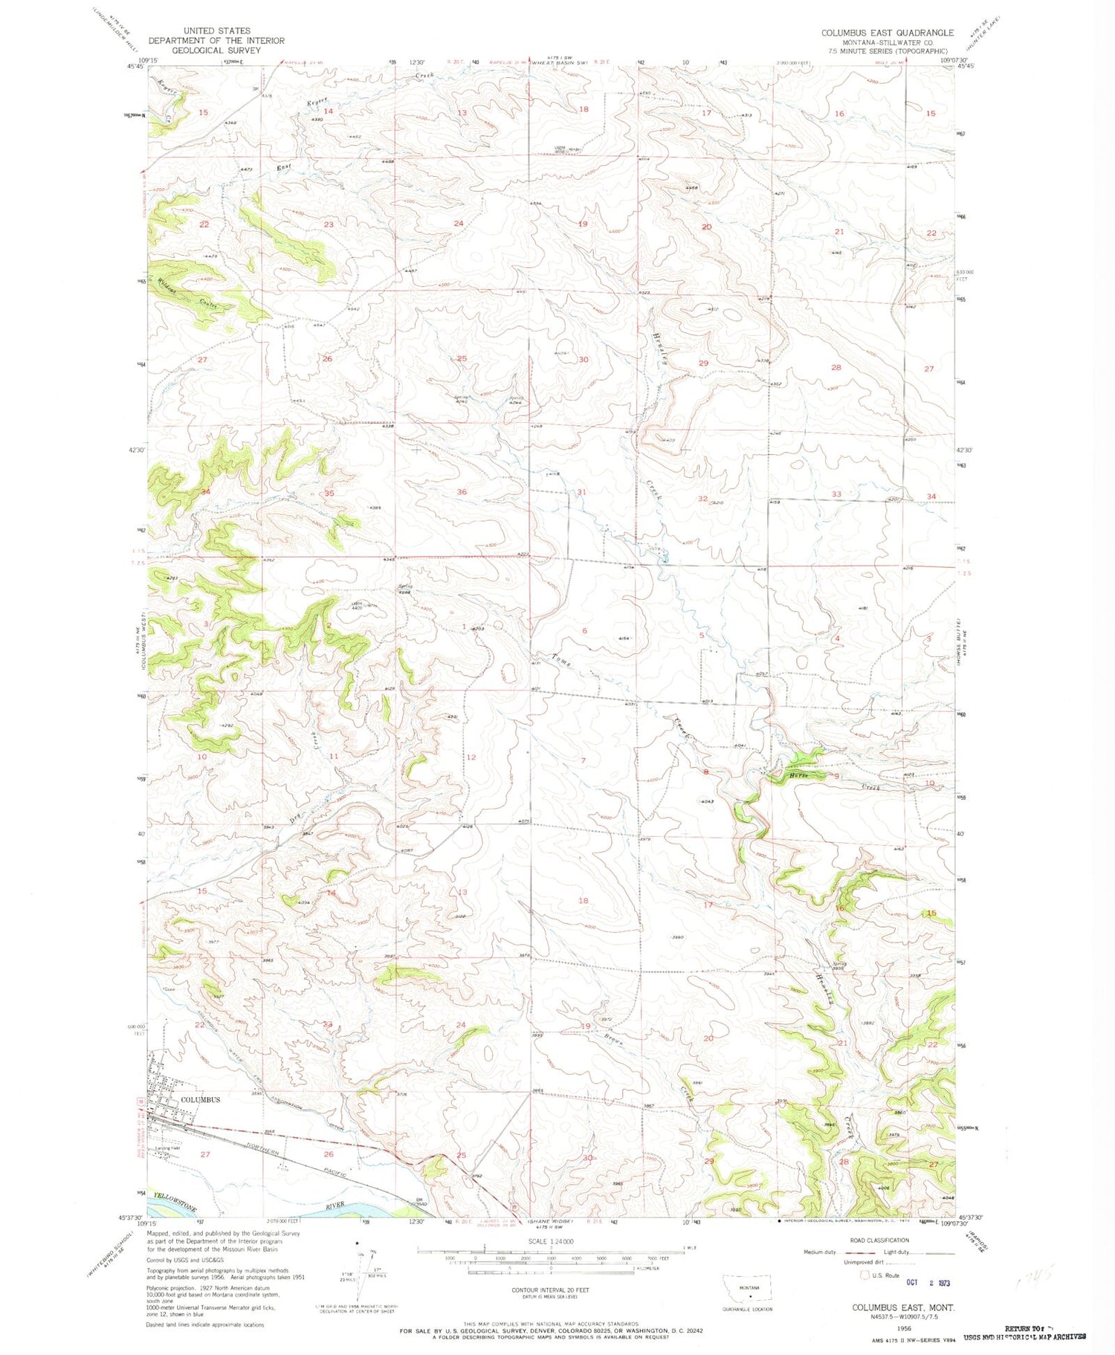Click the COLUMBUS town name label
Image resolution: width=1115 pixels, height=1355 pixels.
200,1099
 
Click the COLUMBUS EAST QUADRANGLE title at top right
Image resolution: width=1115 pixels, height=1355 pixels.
887,33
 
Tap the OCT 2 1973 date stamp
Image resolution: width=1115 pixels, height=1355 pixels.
928,1282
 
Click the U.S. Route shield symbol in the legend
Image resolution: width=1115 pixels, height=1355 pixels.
864,1275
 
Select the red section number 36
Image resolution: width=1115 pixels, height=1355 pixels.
462,492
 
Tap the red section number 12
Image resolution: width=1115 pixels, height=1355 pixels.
471,757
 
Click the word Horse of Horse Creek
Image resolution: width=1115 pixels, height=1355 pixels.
798,777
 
